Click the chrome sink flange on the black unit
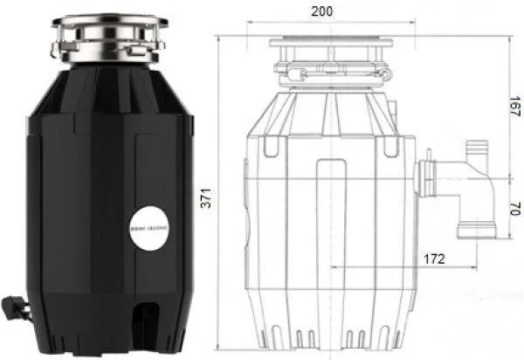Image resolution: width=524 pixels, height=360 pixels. tap(110, 38)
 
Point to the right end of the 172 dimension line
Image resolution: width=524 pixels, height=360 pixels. tap(475, 267)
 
